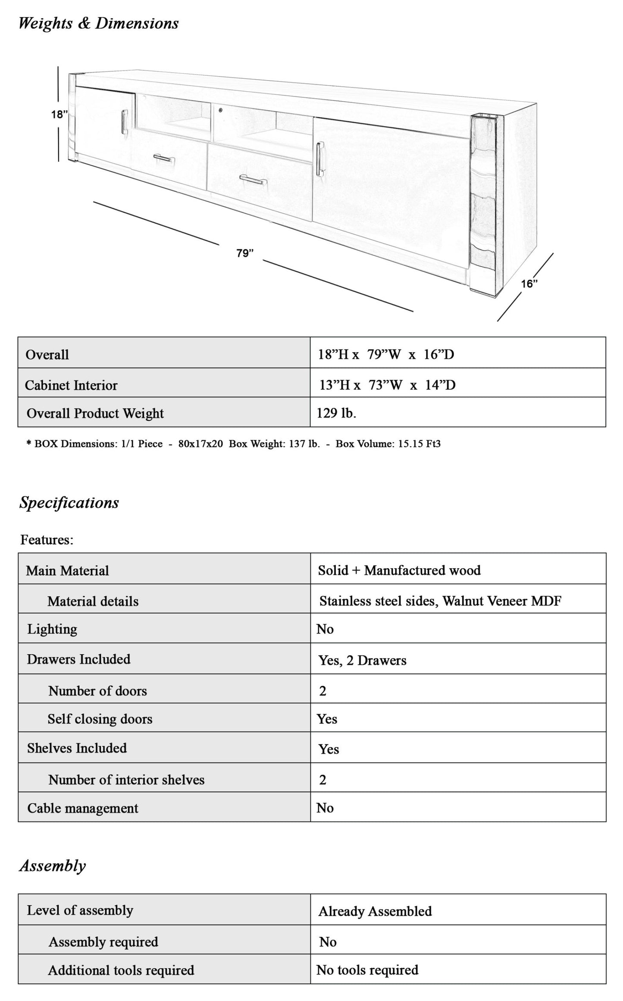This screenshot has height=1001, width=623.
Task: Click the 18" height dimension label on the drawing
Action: (59, 115)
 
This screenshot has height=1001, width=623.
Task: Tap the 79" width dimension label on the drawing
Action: (245, 253)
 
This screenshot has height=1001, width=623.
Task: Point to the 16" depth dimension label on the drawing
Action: (529, 284)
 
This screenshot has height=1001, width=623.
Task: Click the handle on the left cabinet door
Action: (124, 121)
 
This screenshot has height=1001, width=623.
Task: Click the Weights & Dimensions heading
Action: (98, 23)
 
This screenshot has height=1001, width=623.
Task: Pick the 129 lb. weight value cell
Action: (336, 413)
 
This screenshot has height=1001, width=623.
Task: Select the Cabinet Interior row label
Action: (71, 385)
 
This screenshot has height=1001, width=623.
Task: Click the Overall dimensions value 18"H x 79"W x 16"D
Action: (386, 354)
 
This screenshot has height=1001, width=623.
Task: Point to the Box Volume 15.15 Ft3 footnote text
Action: (388, 444)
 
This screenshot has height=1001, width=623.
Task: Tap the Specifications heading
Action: (69, 503)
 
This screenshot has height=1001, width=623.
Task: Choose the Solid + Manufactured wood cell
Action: (399, 570)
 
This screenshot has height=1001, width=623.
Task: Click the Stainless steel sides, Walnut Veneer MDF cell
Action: (440, 601)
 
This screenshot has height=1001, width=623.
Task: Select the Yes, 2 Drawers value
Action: (362, 660)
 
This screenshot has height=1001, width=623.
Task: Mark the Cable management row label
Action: (83, 808)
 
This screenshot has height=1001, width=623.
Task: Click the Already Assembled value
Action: (375, 911)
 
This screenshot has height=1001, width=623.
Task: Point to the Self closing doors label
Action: (100, 719)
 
